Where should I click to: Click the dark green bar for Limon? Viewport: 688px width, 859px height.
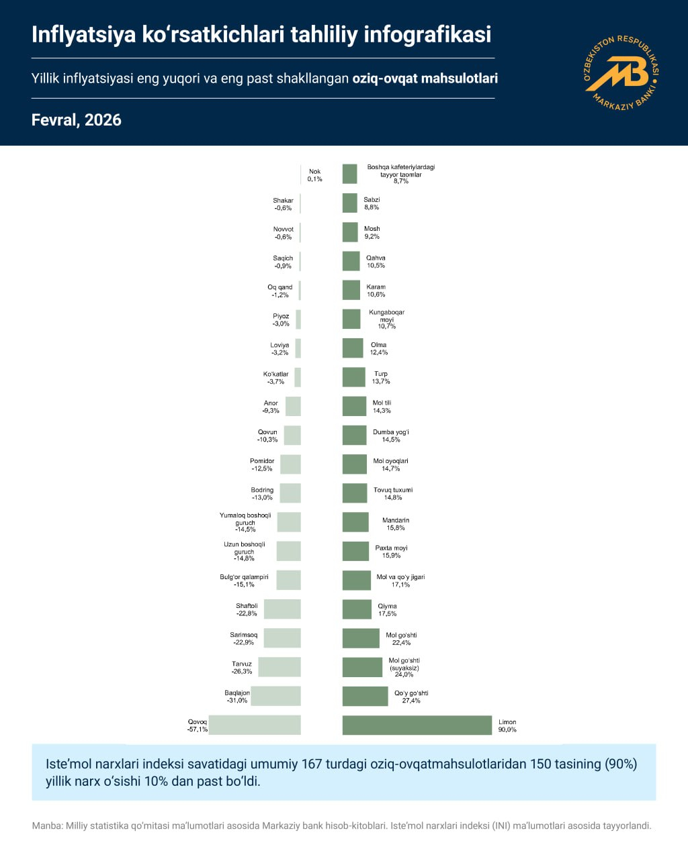(417, 725)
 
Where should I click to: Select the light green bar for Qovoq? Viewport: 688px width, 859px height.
(255, 725)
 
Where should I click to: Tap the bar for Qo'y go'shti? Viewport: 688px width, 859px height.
(365, 696)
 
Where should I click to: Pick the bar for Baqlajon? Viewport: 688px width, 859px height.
(275, 696)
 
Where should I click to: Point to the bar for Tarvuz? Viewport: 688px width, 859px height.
(279, 667)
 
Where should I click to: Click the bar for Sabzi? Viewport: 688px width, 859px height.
(349, 203)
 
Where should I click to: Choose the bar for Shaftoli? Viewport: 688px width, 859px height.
(282, 609)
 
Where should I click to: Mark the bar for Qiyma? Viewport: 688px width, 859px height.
(357, 609)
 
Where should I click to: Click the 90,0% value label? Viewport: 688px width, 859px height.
(507, 729)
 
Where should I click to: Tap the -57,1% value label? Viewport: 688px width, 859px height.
(198, 729)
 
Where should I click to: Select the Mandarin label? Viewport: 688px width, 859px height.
(396, 520)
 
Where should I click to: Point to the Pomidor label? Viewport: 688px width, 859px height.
(262, 461)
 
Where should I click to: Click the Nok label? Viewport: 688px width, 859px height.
(314, 172)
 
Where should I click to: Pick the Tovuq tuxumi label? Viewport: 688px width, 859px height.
(393, 490)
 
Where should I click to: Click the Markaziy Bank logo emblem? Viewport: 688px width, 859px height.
(621, 72)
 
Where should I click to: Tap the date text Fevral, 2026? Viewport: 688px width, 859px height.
(77, 120)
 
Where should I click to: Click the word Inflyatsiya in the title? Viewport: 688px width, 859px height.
(84, 34)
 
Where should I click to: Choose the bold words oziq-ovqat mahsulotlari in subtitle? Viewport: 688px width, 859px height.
(425, 79)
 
